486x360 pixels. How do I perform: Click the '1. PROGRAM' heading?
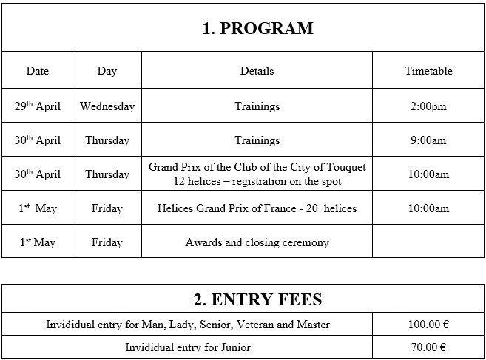tap(257, 29)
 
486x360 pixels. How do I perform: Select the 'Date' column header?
tap(37, 71)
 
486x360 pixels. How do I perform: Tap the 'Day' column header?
tap(107, 71)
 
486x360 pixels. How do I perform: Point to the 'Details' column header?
tap(257, 71)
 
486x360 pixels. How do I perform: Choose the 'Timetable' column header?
tap(428, 71)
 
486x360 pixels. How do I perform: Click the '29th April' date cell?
tap(37, 106)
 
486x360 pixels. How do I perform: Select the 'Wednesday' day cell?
tap(107, 106)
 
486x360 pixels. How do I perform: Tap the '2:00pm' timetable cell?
tap(428, 106)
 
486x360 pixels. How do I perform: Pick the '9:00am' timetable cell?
tap(428, 140)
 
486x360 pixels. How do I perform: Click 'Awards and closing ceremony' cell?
tap(257, 242)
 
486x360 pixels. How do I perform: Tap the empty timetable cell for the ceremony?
tap(428, 242)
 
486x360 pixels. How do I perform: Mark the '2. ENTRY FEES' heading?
tap(257, 299)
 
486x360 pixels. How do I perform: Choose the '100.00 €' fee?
tap(428, 325)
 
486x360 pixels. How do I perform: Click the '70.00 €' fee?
tap(428, 347)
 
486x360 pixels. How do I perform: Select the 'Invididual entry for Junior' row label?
tap(188, 347)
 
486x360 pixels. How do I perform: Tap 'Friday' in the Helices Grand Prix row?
tap(107, 208)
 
